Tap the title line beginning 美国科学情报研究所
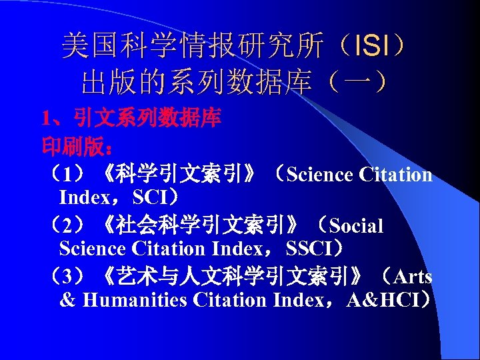click(x=233, y=47)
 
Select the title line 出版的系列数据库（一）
click(x=233, y=83)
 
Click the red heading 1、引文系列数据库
click(x=131, y=120)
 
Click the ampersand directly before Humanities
click(x=67, y=301)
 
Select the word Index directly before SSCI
click(x=237, y=249)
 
